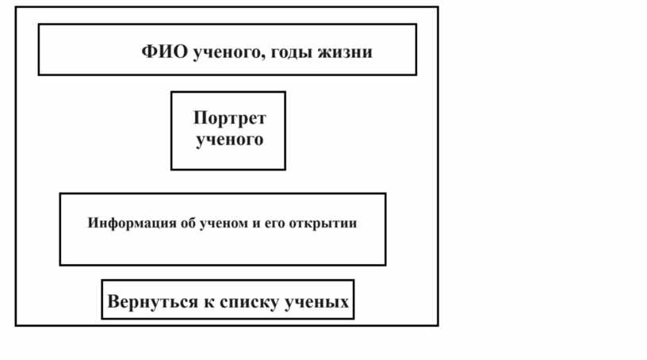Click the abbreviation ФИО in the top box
click(164, 52)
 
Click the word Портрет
click(230, 118)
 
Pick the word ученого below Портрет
click(229, 140)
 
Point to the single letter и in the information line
click(257, 224)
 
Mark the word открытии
click(323, 224)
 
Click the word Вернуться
click(153, 301)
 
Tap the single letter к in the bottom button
click(209, 303)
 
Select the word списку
click(250, 303)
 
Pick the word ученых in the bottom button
click(317, 303)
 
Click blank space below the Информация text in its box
click(223, 250)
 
